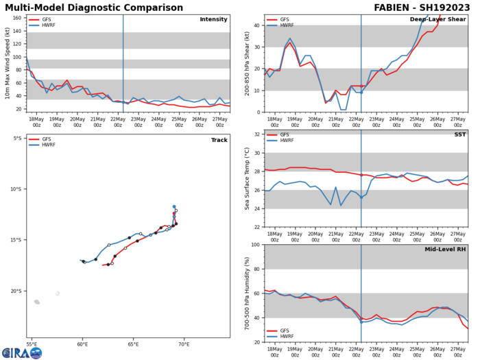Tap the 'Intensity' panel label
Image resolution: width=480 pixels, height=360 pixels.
click(213, 19)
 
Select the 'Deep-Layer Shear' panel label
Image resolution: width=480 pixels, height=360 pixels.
click(442, 19)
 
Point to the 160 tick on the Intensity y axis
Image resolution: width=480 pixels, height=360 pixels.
click(16, 18)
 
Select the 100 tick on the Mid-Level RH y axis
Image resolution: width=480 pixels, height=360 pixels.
click(255, 245)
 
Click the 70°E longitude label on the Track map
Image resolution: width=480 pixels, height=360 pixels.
click(184, 344)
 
